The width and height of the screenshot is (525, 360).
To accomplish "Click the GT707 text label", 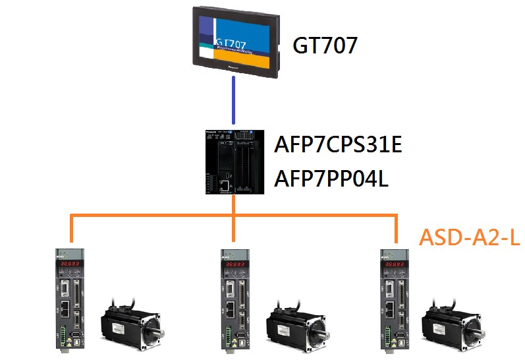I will pyautogui.click(x=325, y=45).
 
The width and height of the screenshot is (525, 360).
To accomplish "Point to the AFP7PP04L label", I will pyautogui.click(x=331, y=177).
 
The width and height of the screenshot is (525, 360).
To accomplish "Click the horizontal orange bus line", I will pyautogui.click(x=152, y=215).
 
